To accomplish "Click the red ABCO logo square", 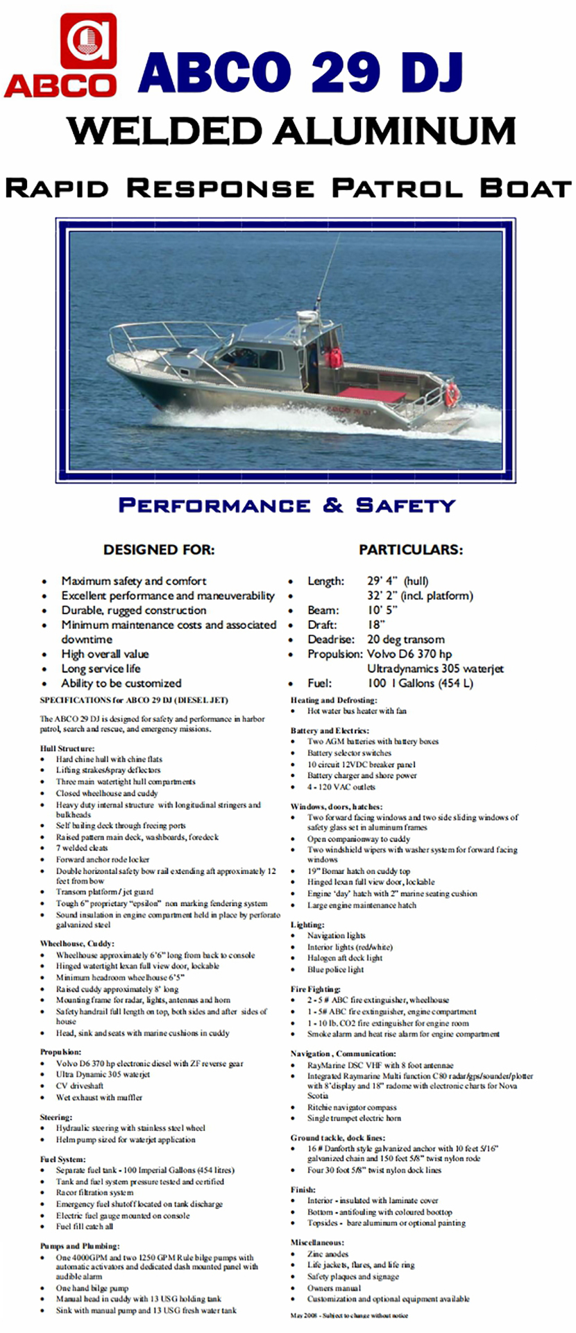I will point(88,41).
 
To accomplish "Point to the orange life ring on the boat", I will point(452,394).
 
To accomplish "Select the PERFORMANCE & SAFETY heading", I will point(287,505).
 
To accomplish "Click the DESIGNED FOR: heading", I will point(159,550).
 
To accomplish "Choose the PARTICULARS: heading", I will point(410,550).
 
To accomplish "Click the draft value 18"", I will point(376,625).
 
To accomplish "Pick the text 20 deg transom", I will point(405,639).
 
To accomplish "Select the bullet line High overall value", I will point(105,654).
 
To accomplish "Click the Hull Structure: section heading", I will point(67,748).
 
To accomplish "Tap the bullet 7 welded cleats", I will point(83,848).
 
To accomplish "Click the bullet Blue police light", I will point(335,969).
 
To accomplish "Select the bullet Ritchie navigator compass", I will point(352,1107).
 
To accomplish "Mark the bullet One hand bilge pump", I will point(92,1288).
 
